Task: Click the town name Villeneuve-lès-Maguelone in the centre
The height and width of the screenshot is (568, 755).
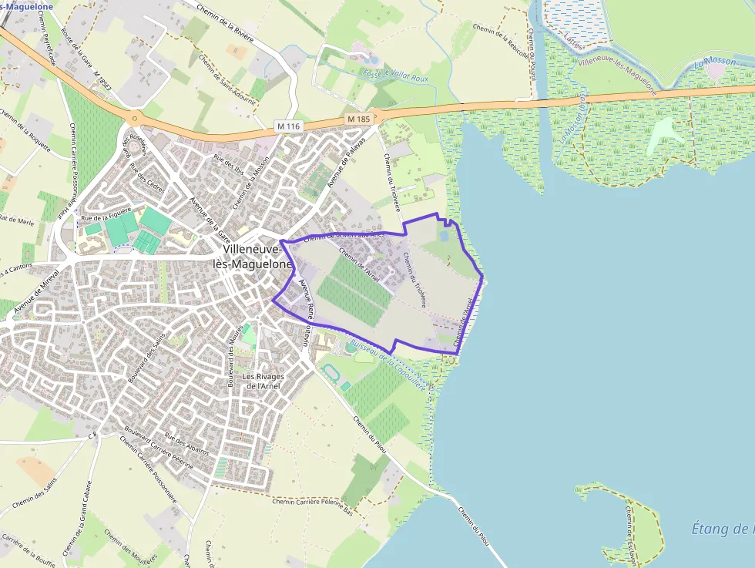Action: [x=257, y=257]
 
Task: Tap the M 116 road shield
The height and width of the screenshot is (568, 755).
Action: [x=287, y=125]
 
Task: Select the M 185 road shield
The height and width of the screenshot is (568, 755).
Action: [x=359, y=119]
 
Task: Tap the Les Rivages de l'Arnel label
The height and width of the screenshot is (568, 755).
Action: [x=263, y=381]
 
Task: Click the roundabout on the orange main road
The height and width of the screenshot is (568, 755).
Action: [x=136, y=118]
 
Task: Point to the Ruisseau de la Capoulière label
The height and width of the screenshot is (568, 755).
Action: [x=388, y=365]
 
